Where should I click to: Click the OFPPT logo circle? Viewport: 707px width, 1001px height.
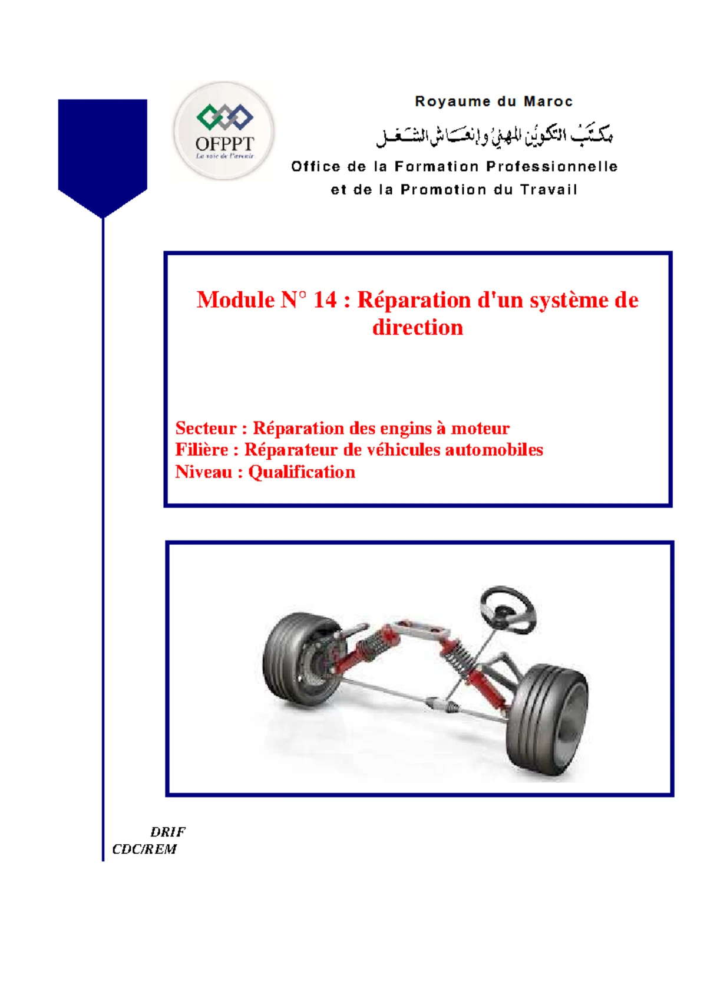coord(224,131)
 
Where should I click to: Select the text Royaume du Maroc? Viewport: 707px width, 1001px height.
coord(494,101)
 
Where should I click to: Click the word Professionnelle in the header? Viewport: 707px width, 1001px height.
coord(551,167)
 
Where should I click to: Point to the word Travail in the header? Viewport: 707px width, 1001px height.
coord(549,190)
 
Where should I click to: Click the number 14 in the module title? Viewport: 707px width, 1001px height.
coord(325,300)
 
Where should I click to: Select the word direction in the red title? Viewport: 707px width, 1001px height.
coord(418,328)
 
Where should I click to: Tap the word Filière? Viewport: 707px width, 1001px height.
coord(201,450)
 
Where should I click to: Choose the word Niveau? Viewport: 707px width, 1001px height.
coord(203,472)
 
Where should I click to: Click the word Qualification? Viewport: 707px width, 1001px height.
coord(302,472)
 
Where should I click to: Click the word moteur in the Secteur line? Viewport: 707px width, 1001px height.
coord(480,428)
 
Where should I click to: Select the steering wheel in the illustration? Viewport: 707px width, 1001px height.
coord(508,610)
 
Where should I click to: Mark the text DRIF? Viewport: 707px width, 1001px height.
coord(168,832)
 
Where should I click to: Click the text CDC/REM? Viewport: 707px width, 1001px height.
coord(144,849)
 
